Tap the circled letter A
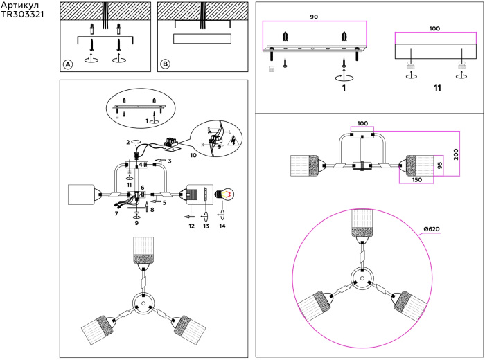coord(68,64)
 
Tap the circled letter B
coord(165,64)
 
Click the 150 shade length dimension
coord(416,180)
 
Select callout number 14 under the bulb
coord(222,226)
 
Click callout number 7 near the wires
coord(116,215)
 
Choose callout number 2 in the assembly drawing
coord(127,142)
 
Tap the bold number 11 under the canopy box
coord(437,89)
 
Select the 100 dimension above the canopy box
coord(435,29)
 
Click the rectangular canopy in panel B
coord(202,38)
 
